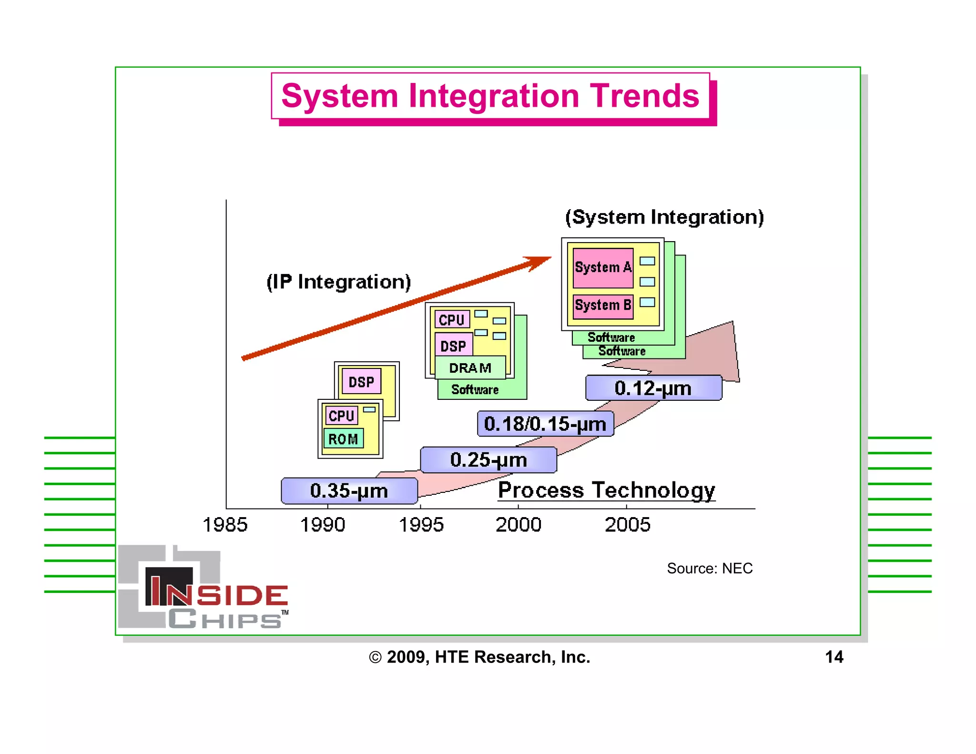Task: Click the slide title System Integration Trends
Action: (x=490, y=96)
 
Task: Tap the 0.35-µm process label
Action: (x=349, y=491)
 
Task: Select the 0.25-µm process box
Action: (x=488, y=460)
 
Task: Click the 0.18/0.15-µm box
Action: (x=545, y=424)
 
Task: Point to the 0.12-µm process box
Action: (x=653, y=388)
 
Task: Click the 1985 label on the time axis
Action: (x=225, y=525)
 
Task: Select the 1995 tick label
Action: (x=421, y=525)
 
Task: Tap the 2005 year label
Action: (x=627, y=525)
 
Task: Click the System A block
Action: (x=603, y=268)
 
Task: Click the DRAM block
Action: (x=470, y=368)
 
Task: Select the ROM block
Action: (x=343, y=439)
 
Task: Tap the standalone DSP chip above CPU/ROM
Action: (x=361, y=382)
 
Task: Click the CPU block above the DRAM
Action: (x=451, y=320)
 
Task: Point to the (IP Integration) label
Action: (x=338, y=282)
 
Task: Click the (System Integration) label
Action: (x=664, y=217)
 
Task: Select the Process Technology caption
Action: (x=606, y=490)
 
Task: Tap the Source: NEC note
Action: (x=709, y=568)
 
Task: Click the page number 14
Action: (x=834, y=657)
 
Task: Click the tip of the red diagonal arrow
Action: (x=549, y=258)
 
